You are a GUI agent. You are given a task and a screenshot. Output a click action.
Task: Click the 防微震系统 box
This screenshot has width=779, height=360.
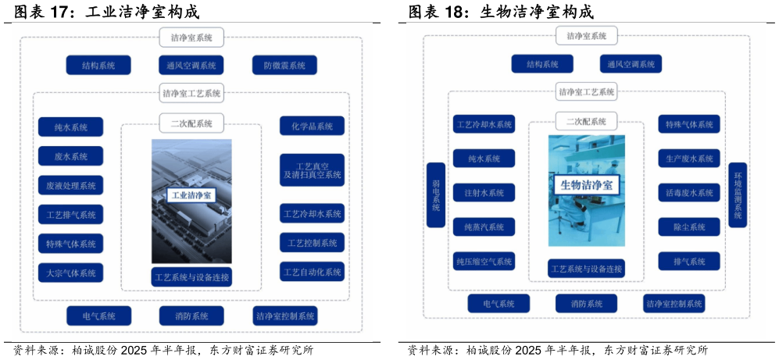[284, 65]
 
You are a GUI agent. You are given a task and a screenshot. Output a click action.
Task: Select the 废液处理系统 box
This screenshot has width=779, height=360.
[70, 185]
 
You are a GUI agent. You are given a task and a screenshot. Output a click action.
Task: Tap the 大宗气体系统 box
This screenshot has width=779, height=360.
[70, 273]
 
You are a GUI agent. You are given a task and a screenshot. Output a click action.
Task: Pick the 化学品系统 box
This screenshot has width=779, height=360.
[312, 127]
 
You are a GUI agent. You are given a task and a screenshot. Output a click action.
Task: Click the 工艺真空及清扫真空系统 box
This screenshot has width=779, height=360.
[312, 169]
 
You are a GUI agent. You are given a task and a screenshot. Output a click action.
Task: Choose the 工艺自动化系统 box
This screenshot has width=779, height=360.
[312, 272]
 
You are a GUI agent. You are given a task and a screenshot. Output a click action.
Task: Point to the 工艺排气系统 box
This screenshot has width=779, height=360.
[70, 215]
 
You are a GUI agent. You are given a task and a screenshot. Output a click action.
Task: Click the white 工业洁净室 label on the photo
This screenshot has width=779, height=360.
[191, 195]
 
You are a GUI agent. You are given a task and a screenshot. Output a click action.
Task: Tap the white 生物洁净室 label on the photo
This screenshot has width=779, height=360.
[586, 186]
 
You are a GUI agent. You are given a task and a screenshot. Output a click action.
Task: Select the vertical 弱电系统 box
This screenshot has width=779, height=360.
[436, 194]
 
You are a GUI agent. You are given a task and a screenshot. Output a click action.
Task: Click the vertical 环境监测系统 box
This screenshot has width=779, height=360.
[738, 194]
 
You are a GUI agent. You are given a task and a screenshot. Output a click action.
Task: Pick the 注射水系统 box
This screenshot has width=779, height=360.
[484, 193]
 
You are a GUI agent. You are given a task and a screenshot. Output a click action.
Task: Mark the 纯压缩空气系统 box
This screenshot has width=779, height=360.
[484, 261]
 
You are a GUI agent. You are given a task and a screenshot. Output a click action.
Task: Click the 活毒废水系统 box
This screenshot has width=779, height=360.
[689, 193]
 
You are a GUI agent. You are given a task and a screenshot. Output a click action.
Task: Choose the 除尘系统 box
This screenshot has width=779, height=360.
[689, 227]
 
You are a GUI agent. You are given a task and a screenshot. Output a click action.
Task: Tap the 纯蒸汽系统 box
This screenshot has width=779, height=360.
[484, 227]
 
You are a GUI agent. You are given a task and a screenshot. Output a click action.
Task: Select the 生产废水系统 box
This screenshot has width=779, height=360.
[689, 159]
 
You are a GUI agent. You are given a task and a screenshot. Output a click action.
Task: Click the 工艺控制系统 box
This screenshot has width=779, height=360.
[312, 242]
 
